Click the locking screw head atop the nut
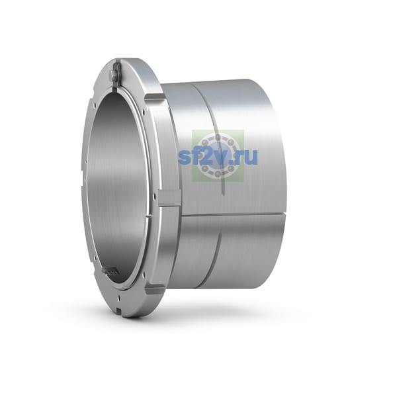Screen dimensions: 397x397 [114, 74]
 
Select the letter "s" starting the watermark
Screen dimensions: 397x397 [184, 157]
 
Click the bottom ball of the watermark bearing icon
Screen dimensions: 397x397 [218, 173]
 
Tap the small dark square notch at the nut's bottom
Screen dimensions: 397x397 [119, 310]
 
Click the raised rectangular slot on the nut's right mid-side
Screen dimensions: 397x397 [169, 198]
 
